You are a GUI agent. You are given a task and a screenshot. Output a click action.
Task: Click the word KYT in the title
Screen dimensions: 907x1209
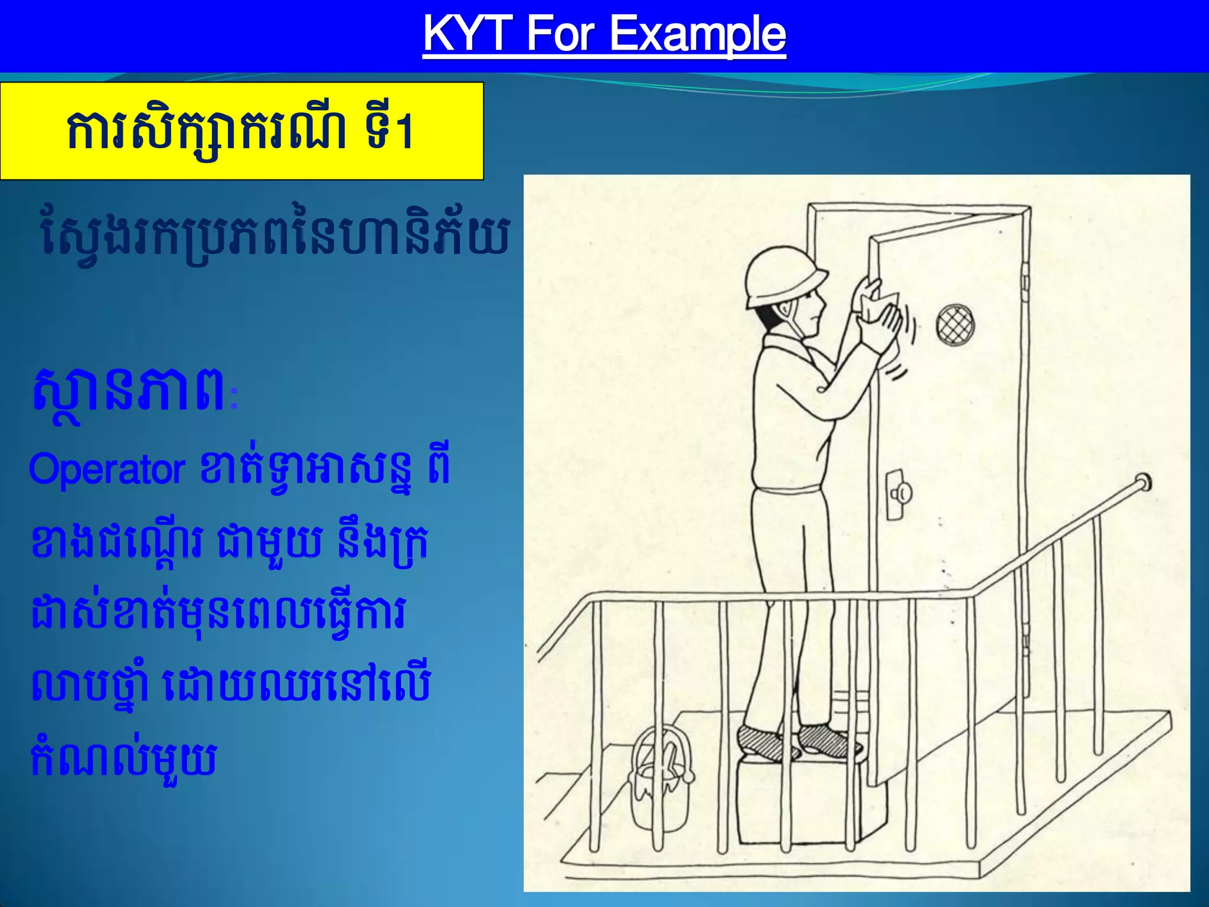(468, 34)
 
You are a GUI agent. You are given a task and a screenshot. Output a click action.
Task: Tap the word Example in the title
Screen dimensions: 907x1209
(697, 34)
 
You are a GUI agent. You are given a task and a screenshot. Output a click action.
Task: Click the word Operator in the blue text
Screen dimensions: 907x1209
(107, 470)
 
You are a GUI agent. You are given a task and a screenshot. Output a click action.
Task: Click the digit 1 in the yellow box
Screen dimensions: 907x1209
(404, 133)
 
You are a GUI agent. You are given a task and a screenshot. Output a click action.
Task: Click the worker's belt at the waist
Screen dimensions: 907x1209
(788, 489)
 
